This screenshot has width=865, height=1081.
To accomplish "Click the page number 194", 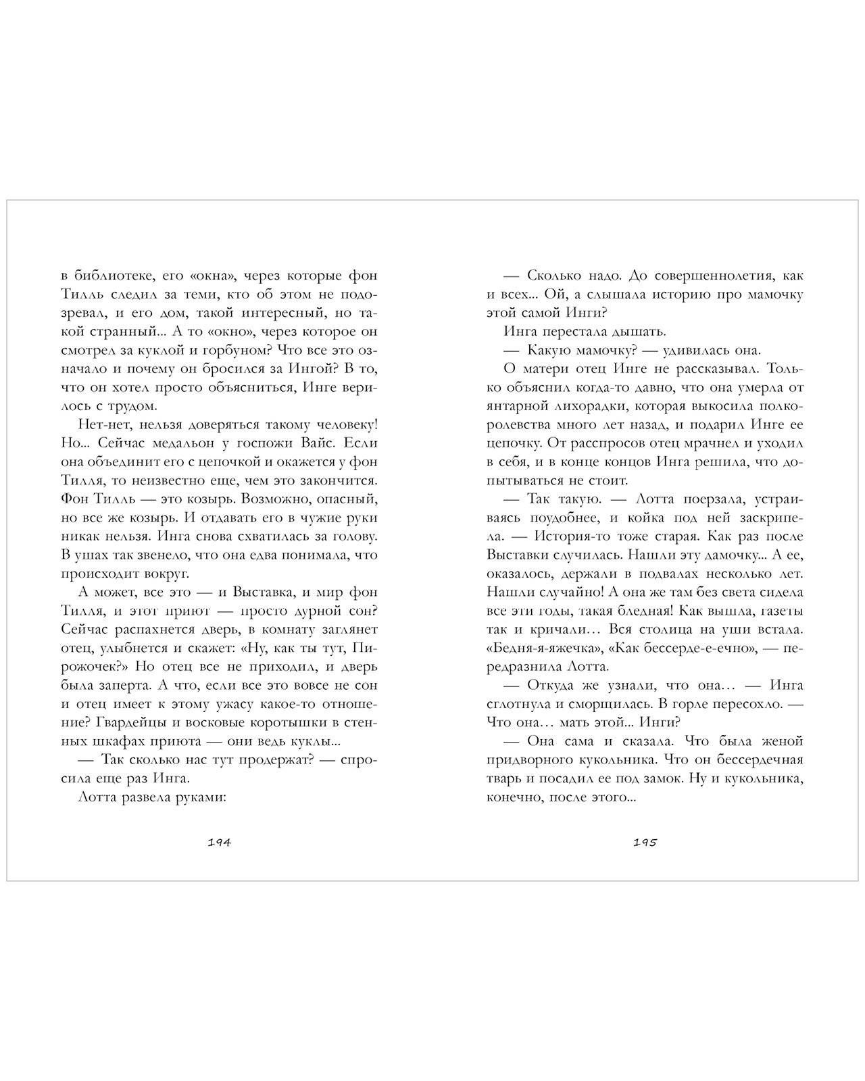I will (219, 843).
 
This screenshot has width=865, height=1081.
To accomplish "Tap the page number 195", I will (645, 843).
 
